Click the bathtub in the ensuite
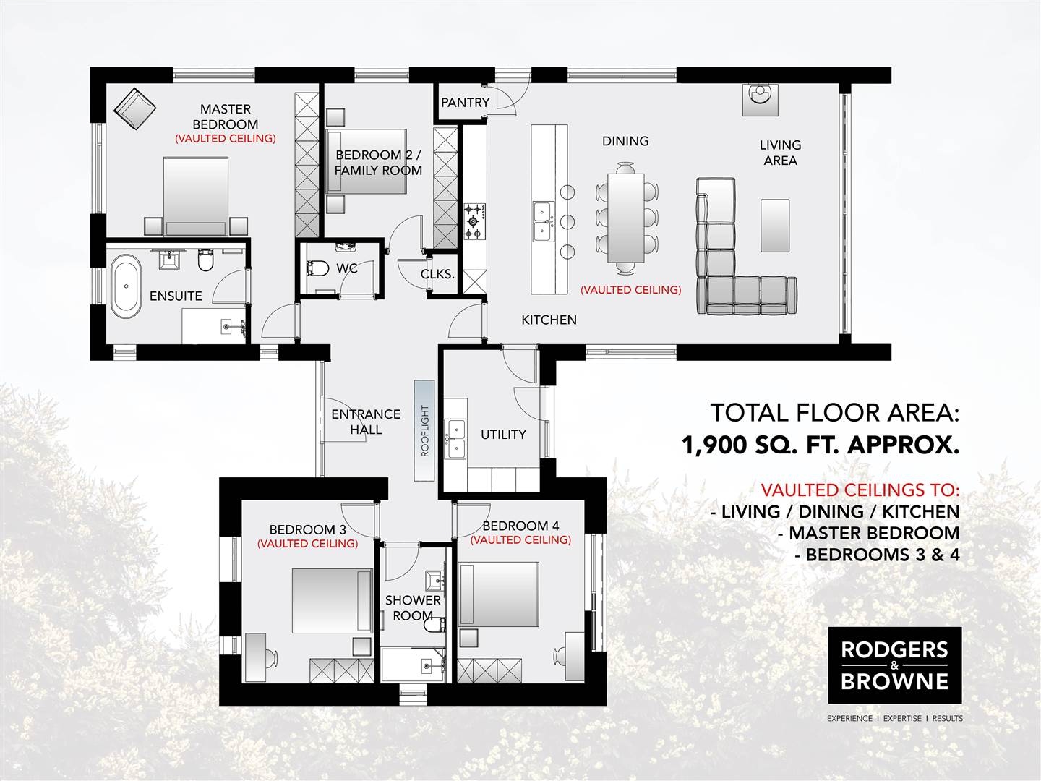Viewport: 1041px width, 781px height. tap(127, 286)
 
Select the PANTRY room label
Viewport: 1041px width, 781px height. tap(465, 103)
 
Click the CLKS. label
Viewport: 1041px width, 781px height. tap(437, 274)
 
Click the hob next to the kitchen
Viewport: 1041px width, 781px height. tap(474, 222)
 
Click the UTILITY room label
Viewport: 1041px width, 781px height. tap(503, 435)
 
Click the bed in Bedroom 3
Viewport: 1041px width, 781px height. tap(332, 600)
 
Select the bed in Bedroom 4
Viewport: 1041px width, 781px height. tap(500, 594)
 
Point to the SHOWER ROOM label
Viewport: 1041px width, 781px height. tap(413, 607)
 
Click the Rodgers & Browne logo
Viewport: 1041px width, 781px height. tap(895, 665)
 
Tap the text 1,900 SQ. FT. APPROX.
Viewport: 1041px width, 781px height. tap(821, 445)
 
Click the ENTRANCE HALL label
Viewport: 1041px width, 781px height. tap(366, 422)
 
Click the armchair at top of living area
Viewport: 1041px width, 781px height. tap(760, 99)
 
